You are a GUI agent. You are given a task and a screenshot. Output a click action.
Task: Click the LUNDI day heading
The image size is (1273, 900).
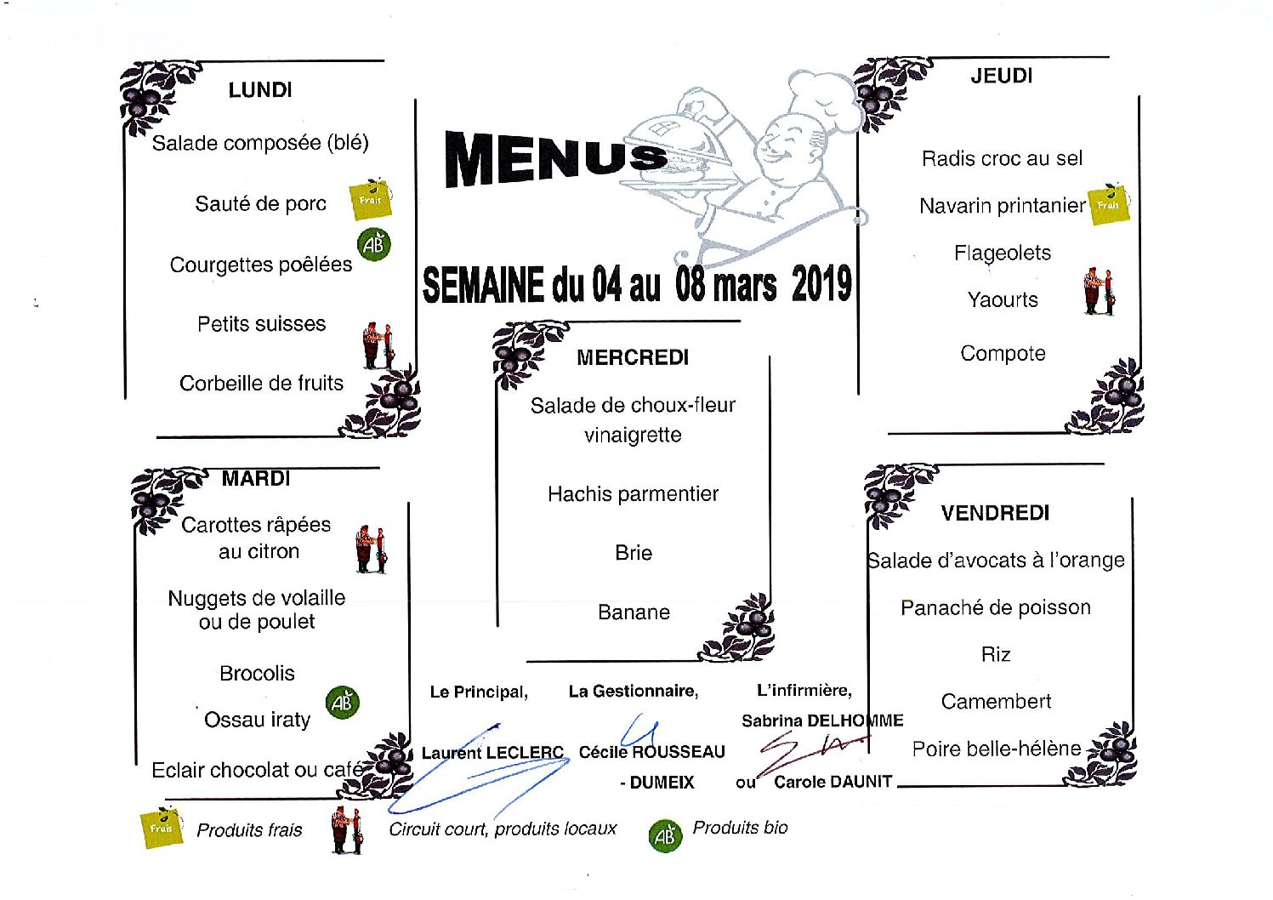pyautogui.click(x=260, y=90)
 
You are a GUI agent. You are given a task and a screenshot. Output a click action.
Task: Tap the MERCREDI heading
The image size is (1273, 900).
pyautogui.click(x=633, y=357)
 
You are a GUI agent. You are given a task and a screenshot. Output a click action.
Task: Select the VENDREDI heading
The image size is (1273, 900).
pyautogui.click(x=995, y=513)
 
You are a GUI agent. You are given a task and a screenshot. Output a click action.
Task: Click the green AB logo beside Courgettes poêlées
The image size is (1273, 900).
pyautogui.click(x=374, y=244)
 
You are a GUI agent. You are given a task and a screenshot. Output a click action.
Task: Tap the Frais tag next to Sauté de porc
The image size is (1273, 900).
pyautogui.click(x=371, y=200)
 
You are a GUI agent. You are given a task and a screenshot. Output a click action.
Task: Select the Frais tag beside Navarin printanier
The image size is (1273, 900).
pyautogui.click(x=1108, y=204)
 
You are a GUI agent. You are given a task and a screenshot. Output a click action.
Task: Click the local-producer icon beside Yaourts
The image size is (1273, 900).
pyautogui.click(x=1099, y=292)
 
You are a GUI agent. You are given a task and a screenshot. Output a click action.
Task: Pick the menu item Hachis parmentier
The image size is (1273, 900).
pyautogui.click(x=633, y=494)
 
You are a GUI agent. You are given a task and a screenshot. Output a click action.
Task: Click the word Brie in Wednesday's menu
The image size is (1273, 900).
pyautogui.click(x=634, y=553)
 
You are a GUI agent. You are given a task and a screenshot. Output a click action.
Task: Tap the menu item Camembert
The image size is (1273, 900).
pyautogui.click(x=996, y=702)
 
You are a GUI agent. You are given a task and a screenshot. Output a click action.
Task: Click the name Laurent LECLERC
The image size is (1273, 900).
pyautogui.click(x=492, y=753)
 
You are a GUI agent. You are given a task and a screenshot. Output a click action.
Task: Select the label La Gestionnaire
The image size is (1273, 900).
pyautogui.click(x=633, y=692)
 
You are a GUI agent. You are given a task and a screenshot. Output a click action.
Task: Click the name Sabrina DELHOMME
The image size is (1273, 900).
pyautogui.click(x=822, y=721)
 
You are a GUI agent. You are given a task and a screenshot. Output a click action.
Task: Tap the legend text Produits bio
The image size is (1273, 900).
pyautogui.click(x=740, y=828)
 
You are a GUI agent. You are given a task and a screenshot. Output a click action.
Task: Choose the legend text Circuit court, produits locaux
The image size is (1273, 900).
pyautogui.click(x=503, y=829)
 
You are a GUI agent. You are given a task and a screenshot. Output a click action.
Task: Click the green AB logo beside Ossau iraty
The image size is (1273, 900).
pyautogui.click(x=343, y=703)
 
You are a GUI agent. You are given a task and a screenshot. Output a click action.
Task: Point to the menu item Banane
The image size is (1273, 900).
pyautogui.click(x=634, y=612)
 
